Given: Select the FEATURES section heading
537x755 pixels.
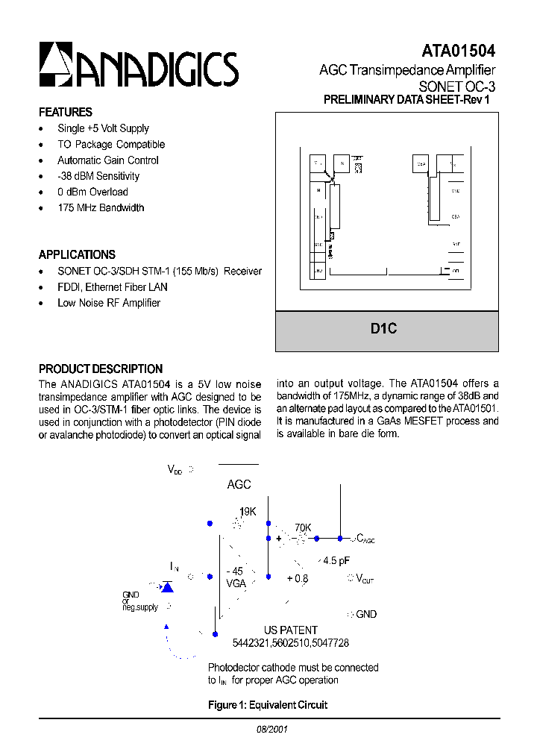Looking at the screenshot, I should tap(66, 112).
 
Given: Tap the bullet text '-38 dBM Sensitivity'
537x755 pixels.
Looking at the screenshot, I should tap(98, 176).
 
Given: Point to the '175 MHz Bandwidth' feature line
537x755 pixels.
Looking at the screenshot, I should tap(101, 207).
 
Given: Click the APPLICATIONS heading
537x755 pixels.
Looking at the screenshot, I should tap(77, 254).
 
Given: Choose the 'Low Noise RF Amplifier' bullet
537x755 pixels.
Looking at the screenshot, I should tap(109, 303).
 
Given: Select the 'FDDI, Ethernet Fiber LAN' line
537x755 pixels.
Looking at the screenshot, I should tap(112, 287).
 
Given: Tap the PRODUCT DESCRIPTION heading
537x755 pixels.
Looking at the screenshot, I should tap(101, 369).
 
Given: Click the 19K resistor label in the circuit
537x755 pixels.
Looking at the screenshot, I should tap(247, 512).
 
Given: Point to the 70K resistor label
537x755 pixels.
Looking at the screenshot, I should tap(303, 527).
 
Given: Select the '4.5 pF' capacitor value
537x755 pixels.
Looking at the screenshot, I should tap(336, 560).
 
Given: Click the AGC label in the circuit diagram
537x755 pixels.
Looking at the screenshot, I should tap(239, 485).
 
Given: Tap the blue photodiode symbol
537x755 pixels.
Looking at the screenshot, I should tap(168, 587).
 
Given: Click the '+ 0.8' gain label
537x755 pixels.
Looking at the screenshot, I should tap(297, 578).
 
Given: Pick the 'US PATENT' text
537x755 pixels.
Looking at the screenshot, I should tap(290, 630).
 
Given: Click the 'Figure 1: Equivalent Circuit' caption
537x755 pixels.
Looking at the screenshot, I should tap(267, 705).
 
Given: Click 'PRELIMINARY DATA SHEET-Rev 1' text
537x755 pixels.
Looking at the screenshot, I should tap(406, 100).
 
